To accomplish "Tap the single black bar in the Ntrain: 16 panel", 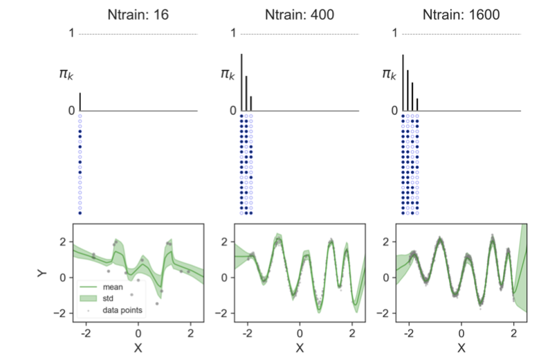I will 80,102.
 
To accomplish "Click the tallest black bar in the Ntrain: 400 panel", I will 241,82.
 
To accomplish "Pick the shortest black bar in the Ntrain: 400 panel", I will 251,103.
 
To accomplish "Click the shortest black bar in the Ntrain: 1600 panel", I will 418,105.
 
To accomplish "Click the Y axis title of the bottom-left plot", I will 42,273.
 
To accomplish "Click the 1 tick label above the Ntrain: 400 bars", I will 234,33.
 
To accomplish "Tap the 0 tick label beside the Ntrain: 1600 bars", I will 395,111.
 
